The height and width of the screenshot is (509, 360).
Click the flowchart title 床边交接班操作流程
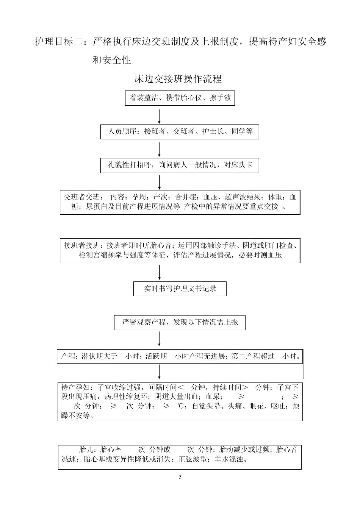(x=178, y=79)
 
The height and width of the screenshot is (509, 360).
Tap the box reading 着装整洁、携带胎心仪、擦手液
(x=180, y=98)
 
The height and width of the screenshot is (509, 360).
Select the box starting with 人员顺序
(x=180, y=132)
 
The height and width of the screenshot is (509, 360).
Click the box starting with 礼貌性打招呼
(x=180, y=165)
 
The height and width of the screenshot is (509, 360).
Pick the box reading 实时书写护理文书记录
(x=180, y=289)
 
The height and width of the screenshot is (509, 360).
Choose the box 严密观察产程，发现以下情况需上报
(x=180, y=322)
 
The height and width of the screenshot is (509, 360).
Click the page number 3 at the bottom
(x=180, y=476)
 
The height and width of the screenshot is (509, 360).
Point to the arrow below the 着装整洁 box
(x=159, y=116)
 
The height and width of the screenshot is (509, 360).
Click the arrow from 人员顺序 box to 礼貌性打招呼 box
(x=159, y=149)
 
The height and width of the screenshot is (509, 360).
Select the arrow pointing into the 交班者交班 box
(x=159, y=182)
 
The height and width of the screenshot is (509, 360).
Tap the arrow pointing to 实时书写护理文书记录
(x=159, y=272)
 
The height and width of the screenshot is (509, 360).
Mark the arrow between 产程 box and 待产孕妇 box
(x=159, y=372)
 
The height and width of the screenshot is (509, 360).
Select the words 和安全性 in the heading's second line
(x=112, y=60)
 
